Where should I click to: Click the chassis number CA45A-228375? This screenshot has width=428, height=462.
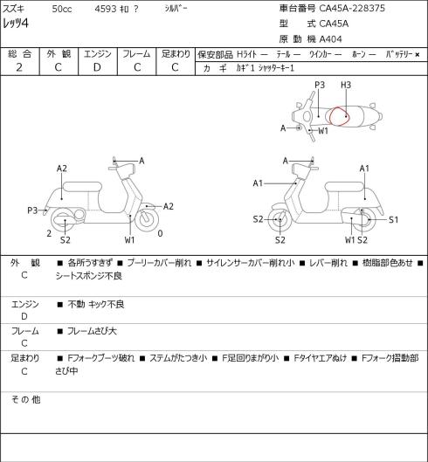tap(352, 8)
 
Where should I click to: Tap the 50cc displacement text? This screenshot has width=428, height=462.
tap(62, 9)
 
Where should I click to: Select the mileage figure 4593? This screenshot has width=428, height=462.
tap(106, 9)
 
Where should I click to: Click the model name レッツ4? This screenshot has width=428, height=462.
tap(16, 23)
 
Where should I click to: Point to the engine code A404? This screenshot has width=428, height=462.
tap(331, 39)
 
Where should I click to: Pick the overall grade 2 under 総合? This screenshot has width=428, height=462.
tap(19, 67)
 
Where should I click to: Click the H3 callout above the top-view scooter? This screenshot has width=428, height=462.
tap(346, 86)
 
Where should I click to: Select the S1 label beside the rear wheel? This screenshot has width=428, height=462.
tap(394, 220)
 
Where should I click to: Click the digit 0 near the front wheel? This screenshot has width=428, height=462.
tap(160, 234)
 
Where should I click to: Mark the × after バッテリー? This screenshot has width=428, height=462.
tap(418, 55)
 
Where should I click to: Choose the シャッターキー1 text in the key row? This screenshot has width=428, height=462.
tap(276, 68)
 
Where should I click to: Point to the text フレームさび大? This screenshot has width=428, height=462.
tap(92, 331)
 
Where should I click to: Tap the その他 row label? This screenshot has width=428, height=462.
tap(25, 400)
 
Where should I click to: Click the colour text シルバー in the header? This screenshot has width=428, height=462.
tap(176, 9)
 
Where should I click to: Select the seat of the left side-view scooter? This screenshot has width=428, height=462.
tap(82, 187)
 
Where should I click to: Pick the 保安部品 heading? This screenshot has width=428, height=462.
tap(215, 55)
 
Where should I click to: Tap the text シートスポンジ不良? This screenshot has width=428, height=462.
tap(89, 276)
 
